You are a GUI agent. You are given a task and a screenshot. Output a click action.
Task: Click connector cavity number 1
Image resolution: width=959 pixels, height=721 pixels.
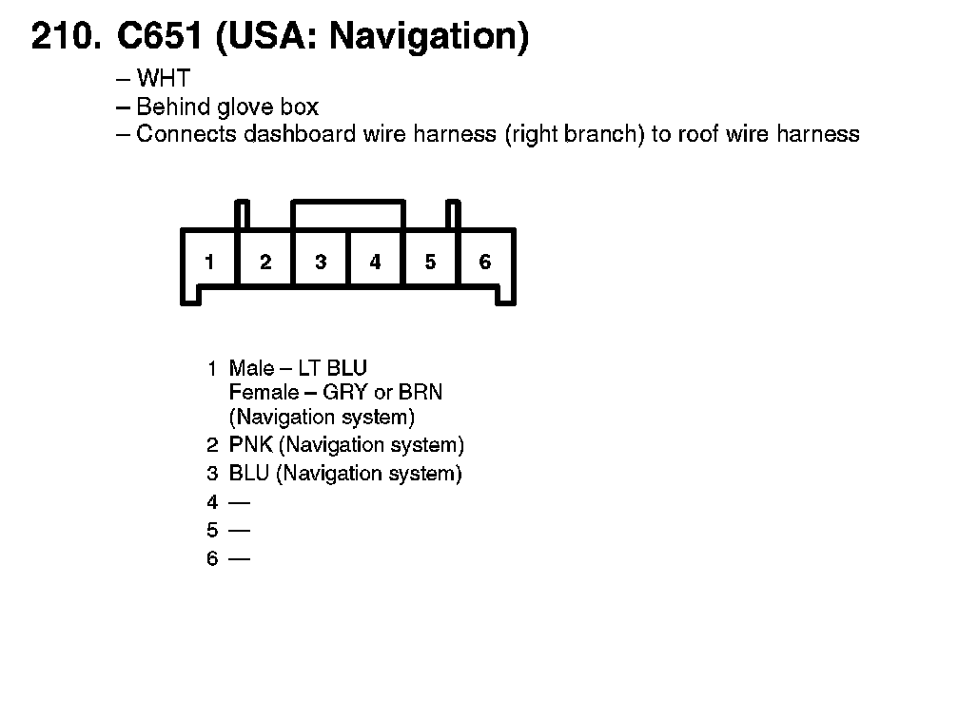209,262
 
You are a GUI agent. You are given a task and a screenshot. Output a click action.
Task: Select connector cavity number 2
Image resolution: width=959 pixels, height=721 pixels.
265,262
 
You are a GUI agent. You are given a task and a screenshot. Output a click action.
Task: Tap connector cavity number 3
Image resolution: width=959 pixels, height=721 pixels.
321,262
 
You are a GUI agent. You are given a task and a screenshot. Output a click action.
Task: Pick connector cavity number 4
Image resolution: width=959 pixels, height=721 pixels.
375,262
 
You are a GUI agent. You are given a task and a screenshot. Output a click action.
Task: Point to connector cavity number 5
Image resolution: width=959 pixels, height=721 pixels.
430,262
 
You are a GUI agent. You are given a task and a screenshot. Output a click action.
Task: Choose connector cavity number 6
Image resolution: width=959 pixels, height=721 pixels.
485,262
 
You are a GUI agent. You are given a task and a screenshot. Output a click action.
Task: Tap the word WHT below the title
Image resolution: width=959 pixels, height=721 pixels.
164,78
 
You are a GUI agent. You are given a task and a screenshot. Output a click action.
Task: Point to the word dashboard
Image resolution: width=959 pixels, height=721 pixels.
300,134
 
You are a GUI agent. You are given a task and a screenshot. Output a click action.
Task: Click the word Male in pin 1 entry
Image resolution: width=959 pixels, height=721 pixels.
249,368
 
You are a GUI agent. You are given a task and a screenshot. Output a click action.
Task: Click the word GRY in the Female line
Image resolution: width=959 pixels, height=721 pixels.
345,392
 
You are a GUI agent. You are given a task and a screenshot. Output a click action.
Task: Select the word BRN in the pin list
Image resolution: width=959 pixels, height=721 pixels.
421,392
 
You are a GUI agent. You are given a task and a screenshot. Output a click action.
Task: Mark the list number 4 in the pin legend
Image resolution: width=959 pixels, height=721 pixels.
212,502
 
